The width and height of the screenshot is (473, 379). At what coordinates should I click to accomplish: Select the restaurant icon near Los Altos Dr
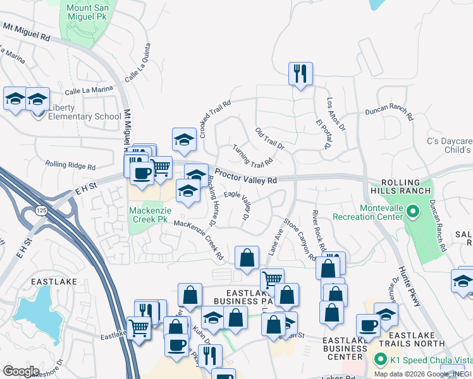[x=300, y=73]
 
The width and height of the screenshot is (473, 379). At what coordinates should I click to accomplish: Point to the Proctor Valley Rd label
[x=246, y=176]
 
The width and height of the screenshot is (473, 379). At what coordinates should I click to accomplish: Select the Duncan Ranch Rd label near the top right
[x=388, y=114]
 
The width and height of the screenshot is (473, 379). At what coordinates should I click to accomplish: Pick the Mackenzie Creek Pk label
[x=148, y=215]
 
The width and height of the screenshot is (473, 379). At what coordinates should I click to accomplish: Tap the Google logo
[x=21, y=371]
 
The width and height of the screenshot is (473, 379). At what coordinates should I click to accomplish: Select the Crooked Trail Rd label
[x=214, y=119]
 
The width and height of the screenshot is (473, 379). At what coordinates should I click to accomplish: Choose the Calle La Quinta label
[x=138, y=63]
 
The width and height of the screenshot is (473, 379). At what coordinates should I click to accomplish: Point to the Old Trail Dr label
[x=270, y=139]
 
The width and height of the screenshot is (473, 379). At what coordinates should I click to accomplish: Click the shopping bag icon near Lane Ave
[x=247, y=257]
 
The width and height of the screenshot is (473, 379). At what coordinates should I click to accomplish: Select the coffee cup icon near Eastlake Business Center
[x=368, y=325]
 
